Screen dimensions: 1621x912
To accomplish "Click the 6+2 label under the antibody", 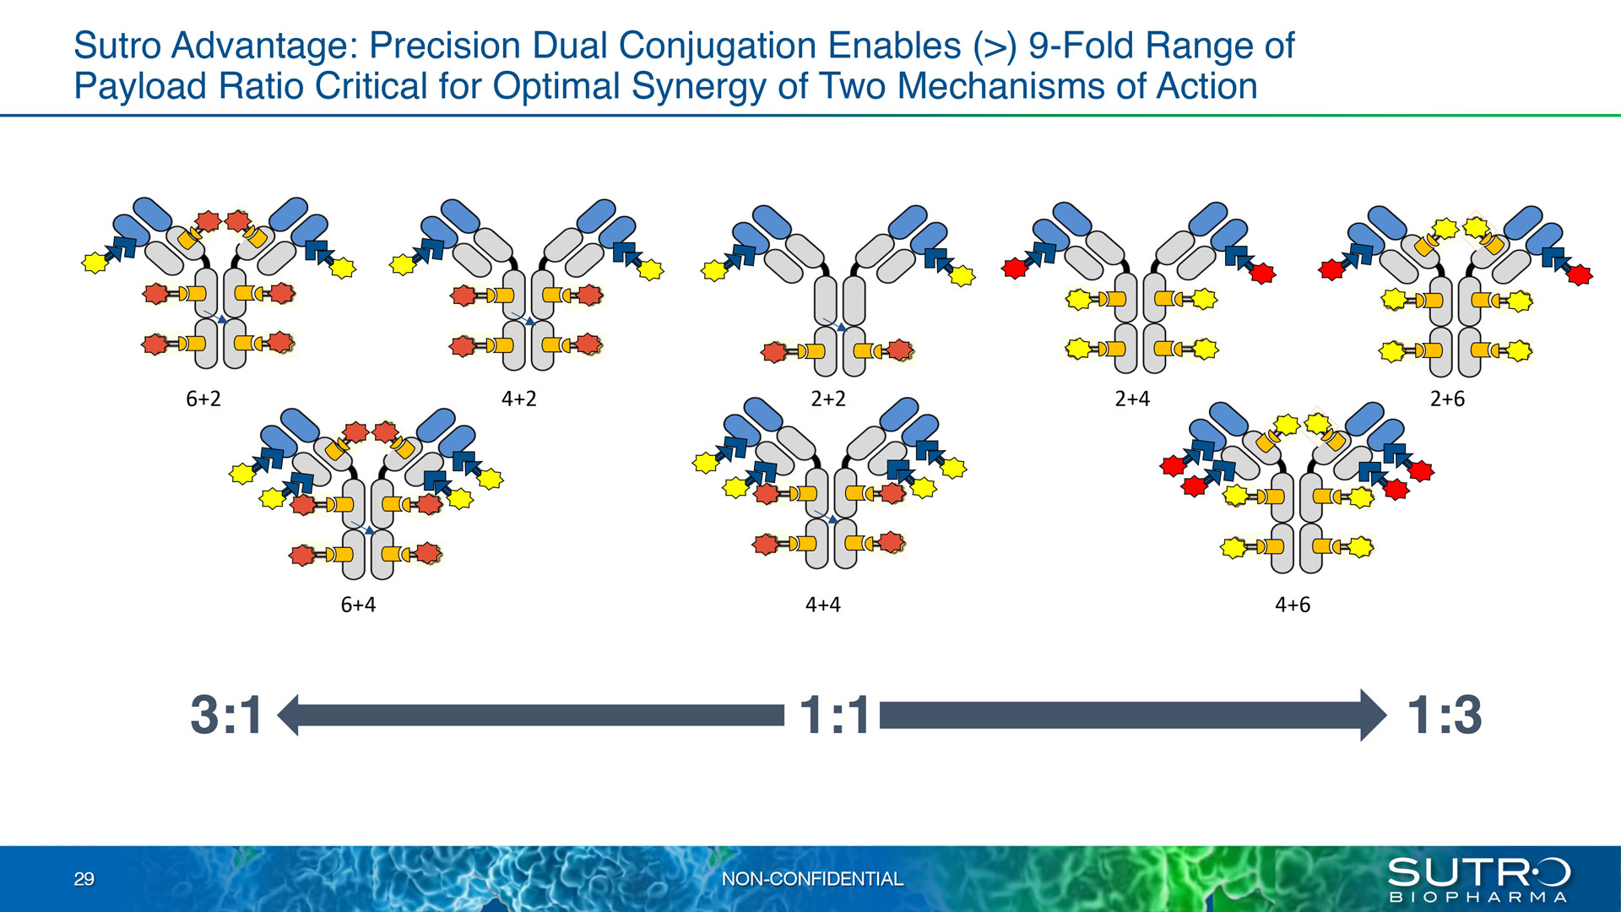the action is (203, 399).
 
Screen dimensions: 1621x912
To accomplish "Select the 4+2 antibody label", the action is (519, 399).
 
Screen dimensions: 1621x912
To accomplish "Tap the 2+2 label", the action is (828, 399).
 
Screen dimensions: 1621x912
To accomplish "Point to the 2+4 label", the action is (1132, 399).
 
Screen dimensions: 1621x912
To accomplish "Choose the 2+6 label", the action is (1447, 399).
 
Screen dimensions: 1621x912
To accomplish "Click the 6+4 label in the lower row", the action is (358, 605).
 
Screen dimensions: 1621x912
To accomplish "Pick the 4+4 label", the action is (823, 605).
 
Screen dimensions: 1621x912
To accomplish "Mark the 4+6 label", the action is (1293, 605).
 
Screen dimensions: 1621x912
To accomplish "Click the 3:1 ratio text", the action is (226, 715).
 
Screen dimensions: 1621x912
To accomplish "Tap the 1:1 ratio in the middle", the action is (834, 715).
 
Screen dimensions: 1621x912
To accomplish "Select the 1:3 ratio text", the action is (1445, 715).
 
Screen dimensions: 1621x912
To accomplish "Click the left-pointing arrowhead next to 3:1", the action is (288, 715).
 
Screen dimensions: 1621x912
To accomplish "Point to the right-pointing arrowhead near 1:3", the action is (1374, 715).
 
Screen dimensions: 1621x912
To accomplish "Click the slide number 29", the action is (84, 879).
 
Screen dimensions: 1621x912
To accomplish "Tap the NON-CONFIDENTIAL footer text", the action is (812, 879).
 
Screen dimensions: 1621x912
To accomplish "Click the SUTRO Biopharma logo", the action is (1478, 880).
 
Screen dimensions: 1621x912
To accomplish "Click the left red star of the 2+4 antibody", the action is (1014, 269).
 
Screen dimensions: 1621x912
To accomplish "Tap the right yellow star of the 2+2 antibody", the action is (962, 275).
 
